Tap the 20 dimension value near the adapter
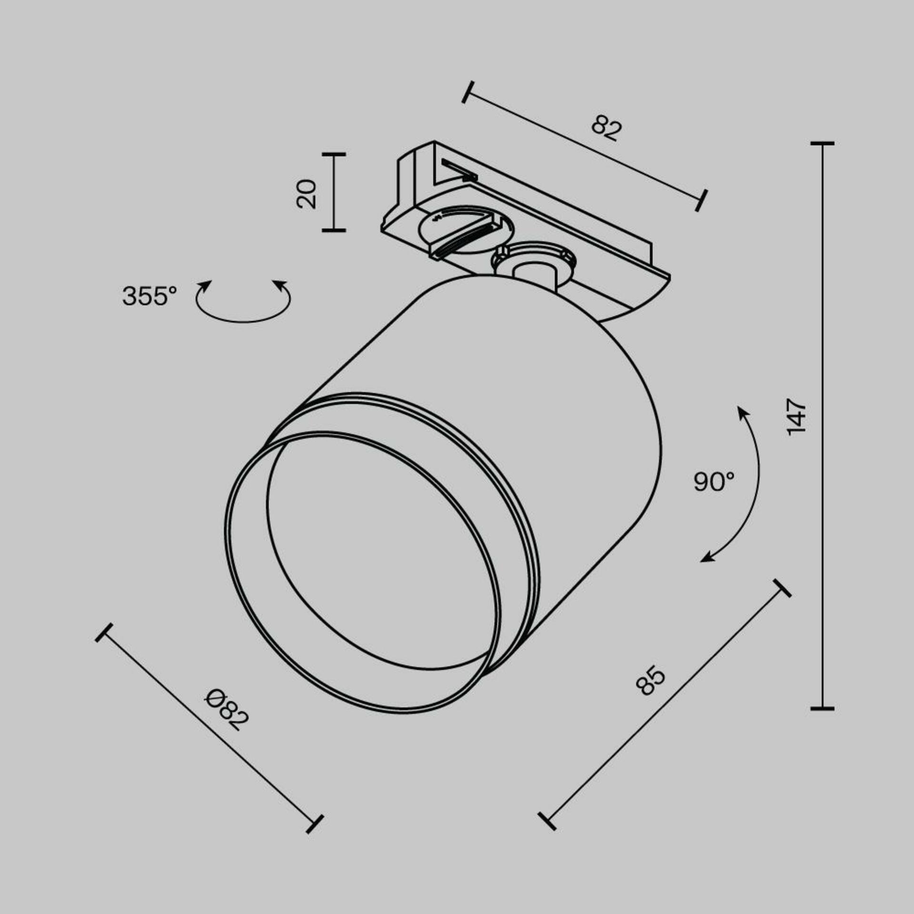click(x=306, y=194)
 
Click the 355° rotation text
click(x=149, y=296)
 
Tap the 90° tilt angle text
click(x=714, y=481)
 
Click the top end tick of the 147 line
click(x=822, y=143)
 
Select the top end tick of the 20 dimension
click(x=333, y=154)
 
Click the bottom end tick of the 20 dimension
click(x=333, y=230)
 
